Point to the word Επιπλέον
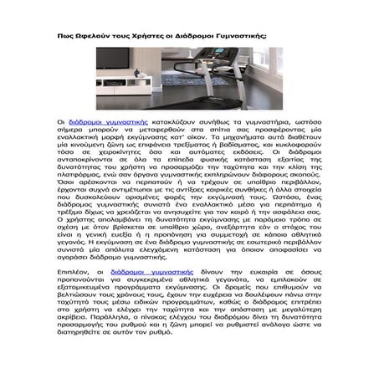click(82, 272)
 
